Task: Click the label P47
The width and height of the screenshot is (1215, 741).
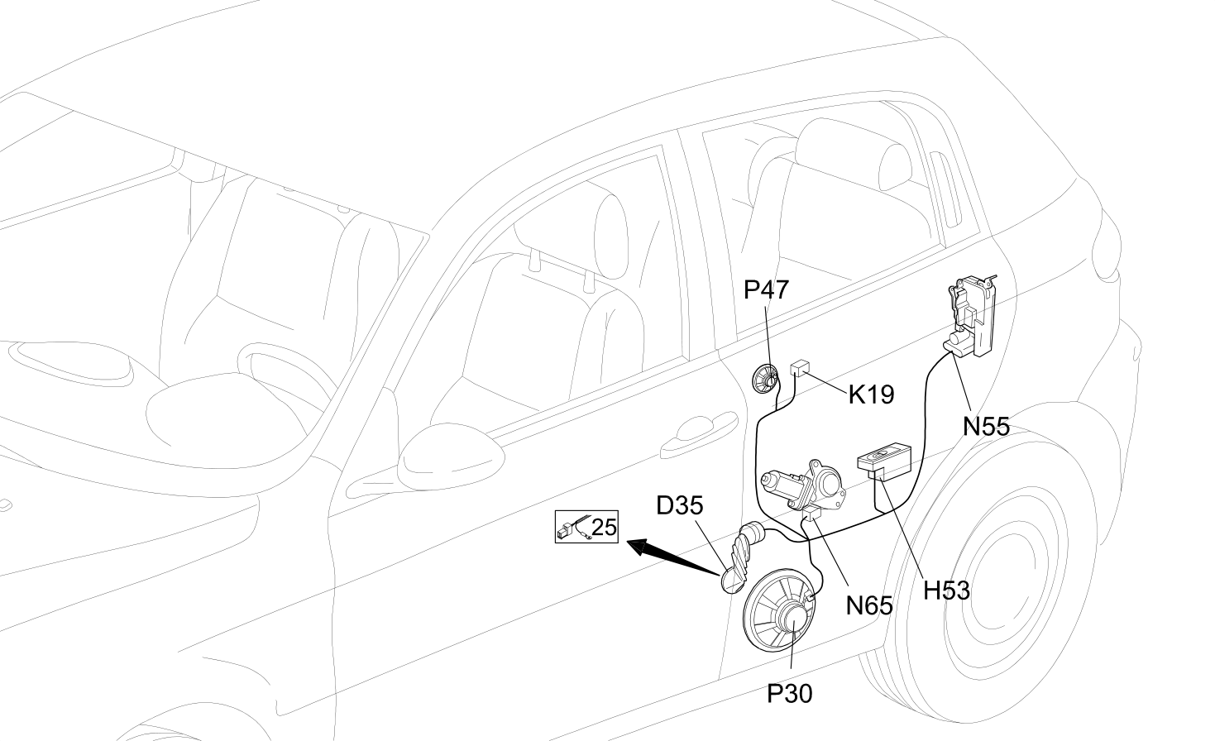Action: click(766, 290)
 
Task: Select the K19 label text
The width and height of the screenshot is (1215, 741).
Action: click(871, 395)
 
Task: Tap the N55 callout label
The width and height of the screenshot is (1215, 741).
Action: click(986, 427)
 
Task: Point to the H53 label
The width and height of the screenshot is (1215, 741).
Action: click(946, 590)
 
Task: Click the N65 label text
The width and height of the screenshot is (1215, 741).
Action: click(869, 605)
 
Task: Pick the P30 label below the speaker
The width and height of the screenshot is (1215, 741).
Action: click(790, 694)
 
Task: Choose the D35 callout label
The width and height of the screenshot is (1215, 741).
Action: click(680, 505)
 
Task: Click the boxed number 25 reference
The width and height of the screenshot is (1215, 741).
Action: click(586, 526)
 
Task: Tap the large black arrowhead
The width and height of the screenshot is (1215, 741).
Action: click(641, 547)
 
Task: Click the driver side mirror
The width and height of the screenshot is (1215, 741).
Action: click(450, 457)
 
